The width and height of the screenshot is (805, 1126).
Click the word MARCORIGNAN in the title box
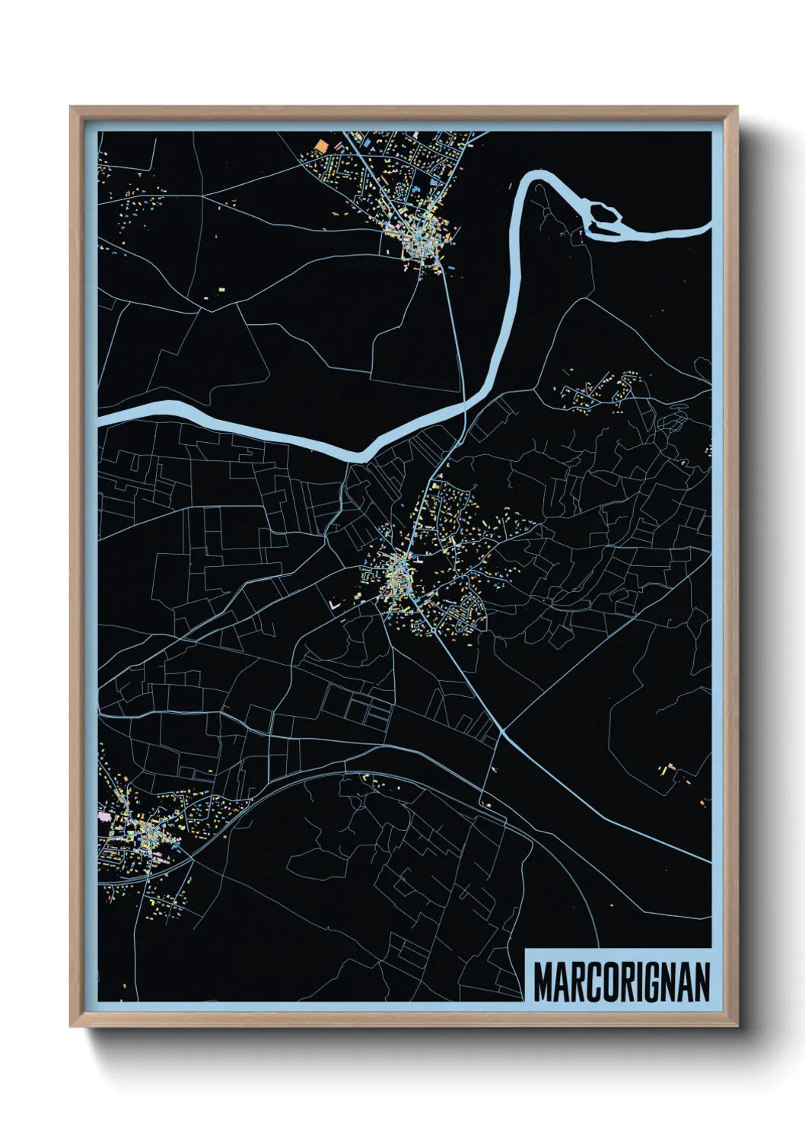tap(621, 982)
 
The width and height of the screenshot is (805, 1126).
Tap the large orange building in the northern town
tap(320, 145)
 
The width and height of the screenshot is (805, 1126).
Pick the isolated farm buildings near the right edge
tap(670, 769)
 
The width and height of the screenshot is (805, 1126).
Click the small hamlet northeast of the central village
tap(597, 392)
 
